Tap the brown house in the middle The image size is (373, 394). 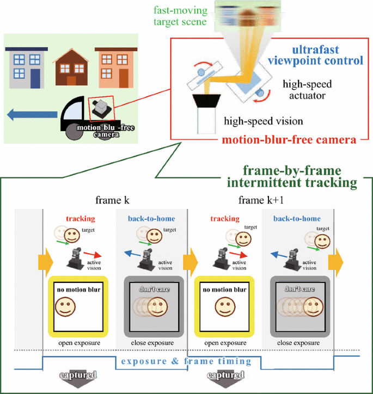pos(71,67)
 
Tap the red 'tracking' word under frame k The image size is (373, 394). pos(80,219)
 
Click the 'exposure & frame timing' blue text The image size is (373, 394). pos(186,361)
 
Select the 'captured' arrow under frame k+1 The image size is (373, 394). pos(224,378)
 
